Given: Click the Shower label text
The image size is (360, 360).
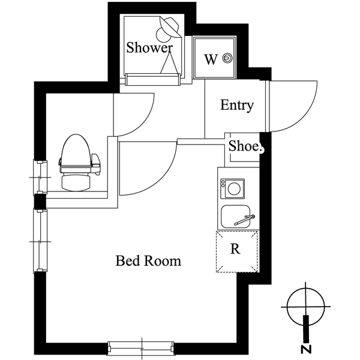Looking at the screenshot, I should [149, 48].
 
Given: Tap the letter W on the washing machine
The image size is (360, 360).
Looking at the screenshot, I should [210, 59].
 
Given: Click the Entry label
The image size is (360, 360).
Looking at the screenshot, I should [237, 106].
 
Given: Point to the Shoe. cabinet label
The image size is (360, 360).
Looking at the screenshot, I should [243, 146].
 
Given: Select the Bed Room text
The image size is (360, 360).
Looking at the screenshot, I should [148, 261].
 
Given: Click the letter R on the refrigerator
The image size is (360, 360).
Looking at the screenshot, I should [236, 249].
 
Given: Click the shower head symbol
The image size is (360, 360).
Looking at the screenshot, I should [168, 26].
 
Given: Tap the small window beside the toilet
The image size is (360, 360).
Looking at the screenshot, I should [40, 177].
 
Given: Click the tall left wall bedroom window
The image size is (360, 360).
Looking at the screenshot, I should [40, 240].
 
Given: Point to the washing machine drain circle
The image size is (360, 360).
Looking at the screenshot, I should [227, 58].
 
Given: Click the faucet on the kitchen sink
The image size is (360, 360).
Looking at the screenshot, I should [245, 219].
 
